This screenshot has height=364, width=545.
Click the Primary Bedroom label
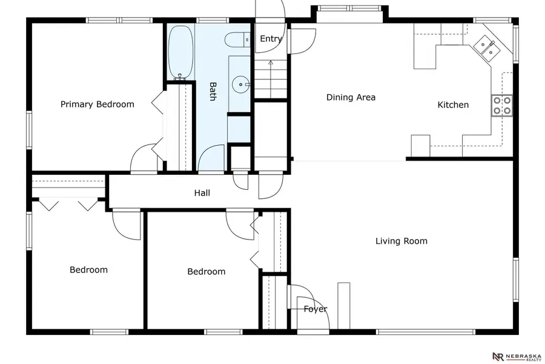(x=97, y=104)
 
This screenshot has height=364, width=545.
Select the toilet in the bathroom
(x=237, y=40)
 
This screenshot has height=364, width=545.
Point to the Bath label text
(x=213, y=91)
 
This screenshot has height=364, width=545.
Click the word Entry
(x=271, y=39)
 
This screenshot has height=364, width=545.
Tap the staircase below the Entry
(x=270, y=79)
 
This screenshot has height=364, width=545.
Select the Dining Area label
(x=351, y=97)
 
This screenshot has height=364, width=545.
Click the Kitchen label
(x=453, y=105)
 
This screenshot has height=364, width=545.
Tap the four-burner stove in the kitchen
(x=502, y=106)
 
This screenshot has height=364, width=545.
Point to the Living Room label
(x=401, y=241)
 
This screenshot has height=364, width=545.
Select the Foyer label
(x=315, y=309)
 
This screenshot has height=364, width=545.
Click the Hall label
(x=202, y=193)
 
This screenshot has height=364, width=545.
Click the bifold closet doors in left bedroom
(x=68, y=204)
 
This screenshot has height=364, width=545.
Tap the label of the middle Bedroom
(x=206, y=272)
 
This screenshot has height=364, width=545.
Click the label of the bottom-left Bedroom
(x=88, y=270)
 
